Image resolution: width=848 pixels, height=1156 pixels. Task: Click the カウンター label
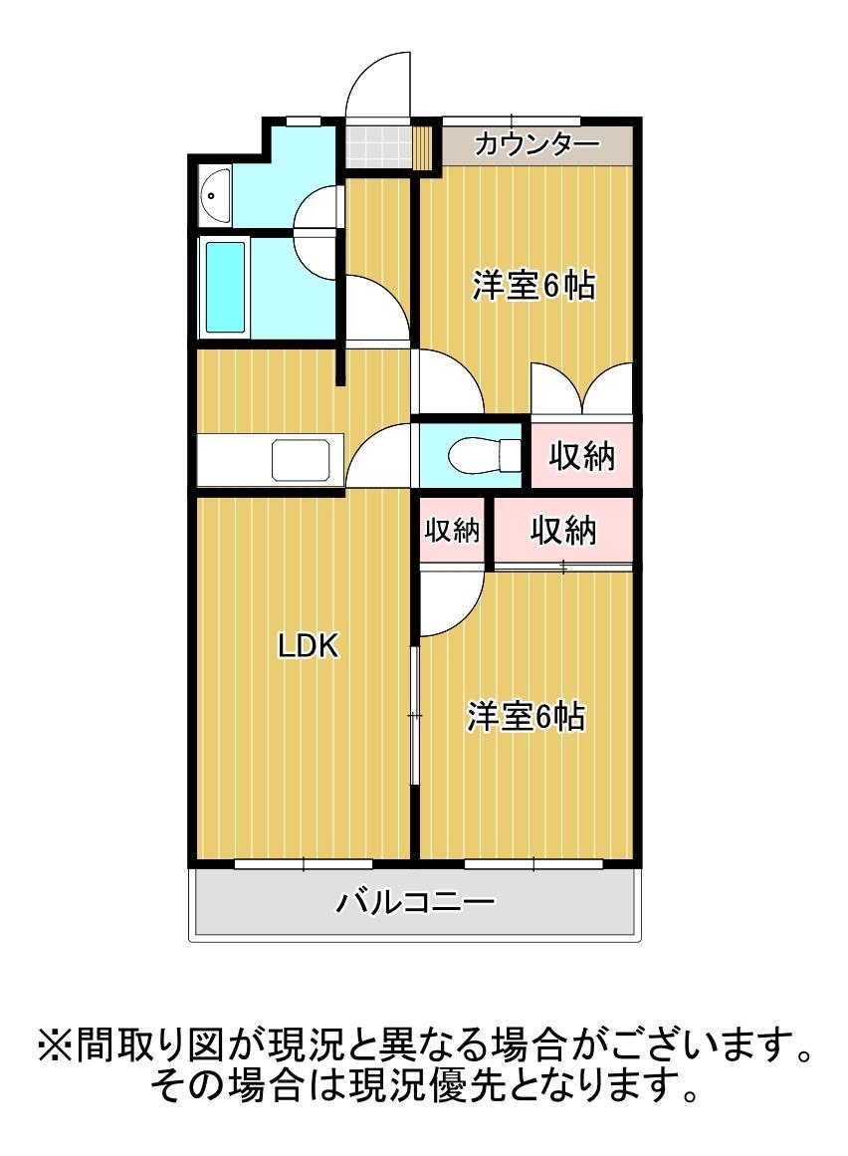537,144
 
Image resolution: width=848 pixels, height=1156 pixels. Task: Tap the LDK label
309,647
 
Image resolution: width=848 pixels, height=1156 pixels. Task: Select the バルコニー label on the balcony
415,904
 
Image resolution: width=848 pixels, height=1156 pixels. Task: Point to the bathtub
225,288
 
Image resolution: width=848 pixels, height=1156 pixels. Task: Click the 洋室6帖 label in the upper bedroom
533,287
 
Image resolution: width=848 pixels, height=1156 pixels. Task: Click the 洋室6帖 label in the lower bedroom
527,717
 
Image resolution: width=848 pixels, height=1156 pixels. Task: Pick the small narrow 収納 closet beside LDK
453,531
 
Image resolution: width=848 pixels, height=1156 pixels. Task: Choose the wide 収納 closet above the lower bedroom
562,531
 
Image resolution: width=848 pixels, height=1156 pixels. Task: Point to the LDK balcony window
304,862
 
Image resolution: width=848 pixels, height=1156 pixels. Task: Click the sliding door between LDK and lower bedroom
414,717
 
